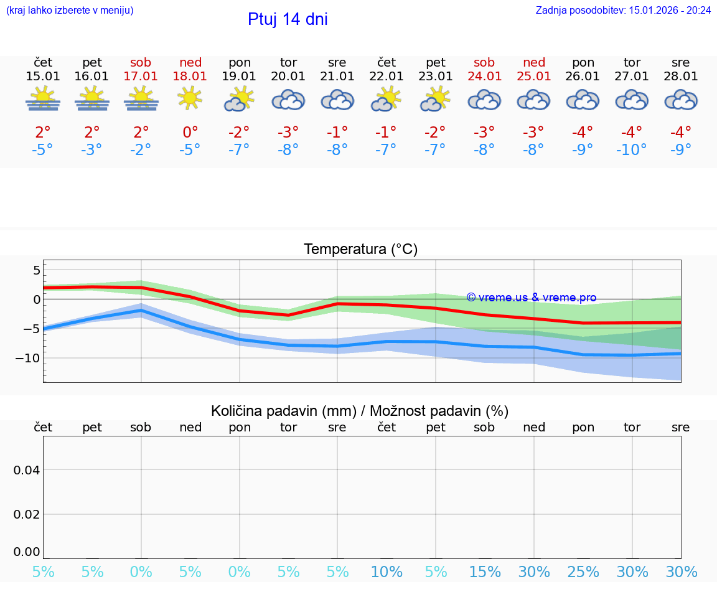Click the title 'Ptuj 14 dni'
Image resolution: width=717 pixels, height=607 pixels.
288,19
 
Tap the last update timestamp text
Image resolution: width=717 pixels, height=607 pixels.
623,11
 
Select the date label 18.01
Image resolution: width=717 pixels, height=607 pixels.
190,77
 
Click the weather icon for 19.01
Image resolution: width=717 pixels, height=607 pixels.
240,100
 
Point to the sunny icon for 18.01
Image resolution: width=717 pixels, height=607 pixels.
190,98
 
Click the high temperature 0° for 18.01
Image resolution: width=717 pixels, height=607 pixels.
190,133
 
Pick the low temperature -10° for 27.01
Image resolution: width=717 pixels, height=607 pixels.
632,150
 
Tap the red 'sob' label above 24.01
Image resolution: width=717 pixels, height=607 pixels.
484,63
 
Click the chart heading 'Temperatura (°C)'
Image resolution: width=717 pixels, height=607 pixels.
360,250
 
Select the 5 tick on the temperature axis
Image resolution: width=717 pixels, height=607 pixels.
37,270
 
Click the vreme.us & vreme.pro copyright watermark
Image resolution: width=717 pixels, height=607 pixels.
531,298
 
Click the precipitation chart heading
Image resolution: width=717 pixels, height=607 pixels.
360,411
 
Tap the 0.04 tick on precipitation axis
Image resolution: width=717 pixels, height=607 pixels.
27,470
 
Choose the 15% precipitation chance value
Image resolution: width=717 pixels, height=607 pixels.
485,572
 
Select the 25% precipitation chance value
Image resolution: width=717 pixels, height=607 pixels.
583,572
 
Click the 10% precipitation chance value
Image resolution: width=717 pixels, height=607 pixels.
387,572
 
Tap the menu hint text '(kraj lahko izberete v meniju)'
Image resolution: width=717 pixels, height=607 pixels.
70,11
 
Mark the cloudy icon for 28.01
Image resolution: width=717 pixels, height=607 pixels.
681,100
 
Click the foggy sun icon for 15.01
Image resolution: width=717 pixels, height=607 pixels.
43,99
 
